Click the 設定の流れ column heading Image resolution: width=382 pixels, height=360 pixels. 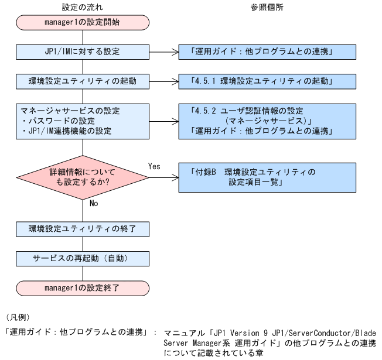(83, 7)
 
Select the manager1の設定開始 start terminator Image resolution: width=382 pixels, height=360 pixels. (83, 23)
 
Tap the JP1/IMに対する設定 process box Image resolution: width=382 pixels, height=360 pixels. (83, 52)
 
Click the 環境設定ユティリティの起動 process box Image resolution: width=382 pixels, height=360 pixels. (83, 81)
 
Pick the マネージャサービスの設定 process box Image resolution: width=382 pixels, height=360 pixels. (83, 120)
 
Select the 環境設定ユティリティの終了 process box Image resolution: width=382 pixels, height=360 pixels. (83, 228)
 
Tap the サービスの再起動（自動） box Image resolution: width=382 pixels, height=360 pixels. (83, 258)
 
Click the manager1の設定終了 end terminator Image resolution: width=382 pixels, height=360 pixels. (83, 287)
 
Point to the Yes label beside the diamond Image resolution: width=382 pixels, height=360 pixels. (155, 166)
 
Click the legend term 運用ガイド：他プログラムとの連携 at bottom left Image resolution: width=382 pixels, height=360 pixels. (75, 332)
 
